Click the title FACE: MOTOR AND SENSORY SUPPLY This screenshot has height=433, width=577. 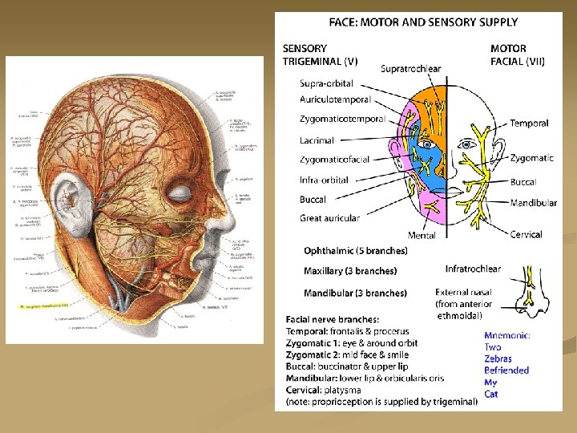click(423, 22)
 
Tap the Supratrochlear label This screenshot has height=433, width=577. click(411, 69)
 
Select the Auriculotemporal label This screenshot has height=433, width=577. click(335, 100)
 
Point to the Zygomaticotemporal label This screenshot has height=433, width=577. click(342, 119)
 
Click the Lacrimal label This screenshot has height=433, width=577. click(317, 140)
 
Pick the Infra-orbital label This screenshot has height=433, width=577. click(324, 180)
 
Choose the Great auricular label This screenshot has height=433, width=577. click(329, 218)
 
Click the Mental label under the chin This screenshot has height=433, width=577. click(422, 236)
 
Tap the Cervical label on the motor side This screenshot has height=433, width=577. click(526, 235)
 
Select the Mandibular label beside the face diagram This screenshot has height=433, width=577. click(533, 203)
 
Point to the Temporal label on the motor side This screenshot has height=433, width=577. click(529, 123)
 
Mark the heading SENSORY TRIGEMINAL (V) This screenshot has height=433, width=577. click(320, 55)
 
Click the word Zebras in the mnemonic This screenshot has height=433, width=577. click(498, 358)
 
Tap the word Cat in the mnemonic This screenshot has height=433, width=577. click(491, 394)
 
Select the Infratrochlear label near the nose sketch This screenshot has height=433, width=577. click(473, 269)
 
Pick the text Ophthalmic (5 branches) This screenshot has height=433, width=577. click(355, 251)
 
